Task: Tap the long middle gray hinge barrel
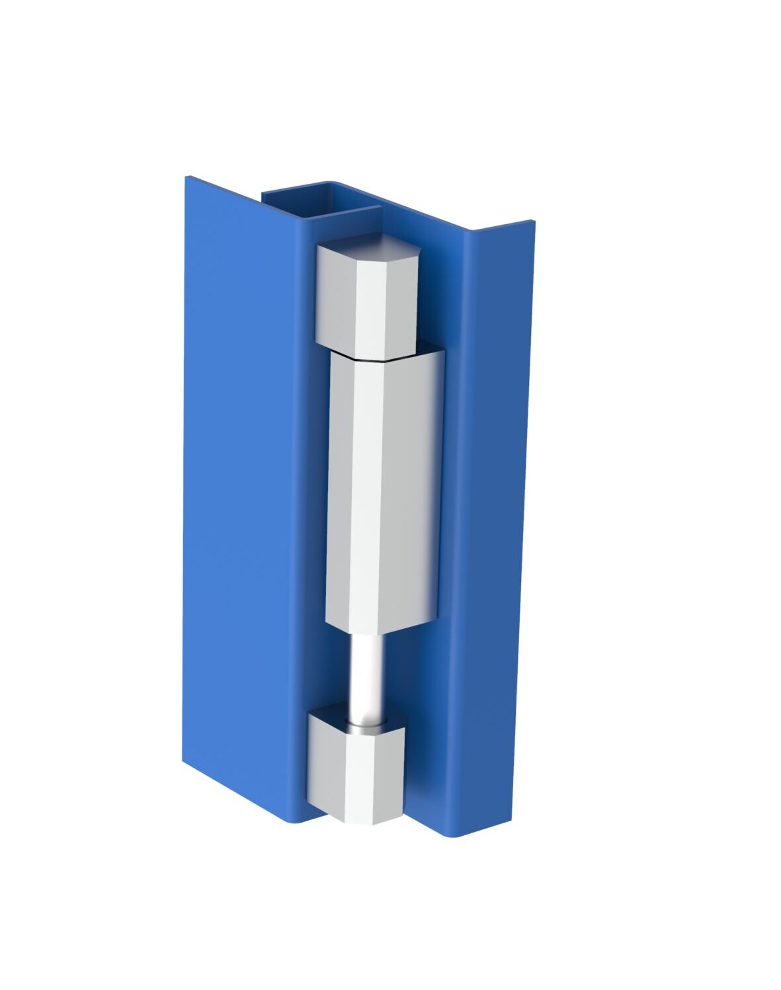384,489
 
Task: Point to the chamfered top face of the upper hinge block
370,250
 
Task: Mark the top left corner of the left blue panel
187,178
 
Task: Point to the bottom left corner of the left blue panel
185,761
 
